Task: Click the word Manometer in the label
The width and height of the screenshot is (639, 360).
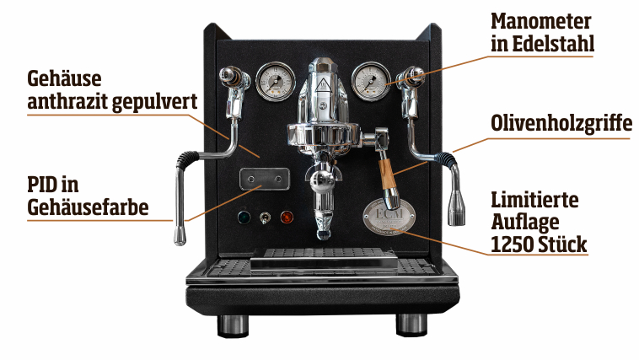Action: tap(540, 22)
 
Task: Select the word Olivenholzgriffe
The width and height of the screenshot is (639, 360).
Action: tap(561, 123)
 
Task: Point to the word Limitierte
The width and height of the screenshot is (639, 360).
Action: tap(534, 200)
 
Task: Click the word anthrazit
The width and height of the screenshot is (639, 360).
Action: tap(67, 101)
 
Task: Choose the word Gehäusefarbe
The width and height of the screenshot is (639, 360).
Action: tap(88, 207)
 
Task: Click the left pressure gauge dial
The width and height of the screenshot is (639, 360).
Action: tap(276, 81)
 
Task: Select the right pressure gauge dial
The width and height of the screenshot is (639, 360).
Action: tap(371, 81)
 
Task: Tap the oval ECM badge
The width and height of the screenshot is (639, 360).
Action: tap(389, 217)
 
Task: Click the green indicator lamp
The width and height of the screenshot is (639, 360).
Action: tap(244, 217)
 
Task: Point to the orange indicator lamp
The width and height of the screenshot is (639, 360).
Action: tap(287, 217)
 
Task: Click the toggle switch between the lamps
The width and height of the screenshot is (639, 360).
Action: tap(265, 218)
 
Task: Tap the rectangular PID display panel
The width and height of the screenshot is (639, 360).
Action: tap(265, 179)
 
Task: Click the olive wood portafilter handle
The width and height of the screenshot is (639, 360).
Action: tap(387, 174)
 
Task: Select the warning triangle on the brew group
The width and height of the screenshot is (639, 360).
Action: tap(322, 83)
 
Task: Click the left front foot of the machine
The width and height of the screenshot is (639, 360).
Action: tap(233, 325)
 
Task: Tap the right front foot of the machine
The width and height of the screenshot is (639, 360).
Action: tap(411, 325)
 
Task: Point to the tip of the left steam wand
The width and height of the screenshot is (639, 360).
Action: tap(180, 241)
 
